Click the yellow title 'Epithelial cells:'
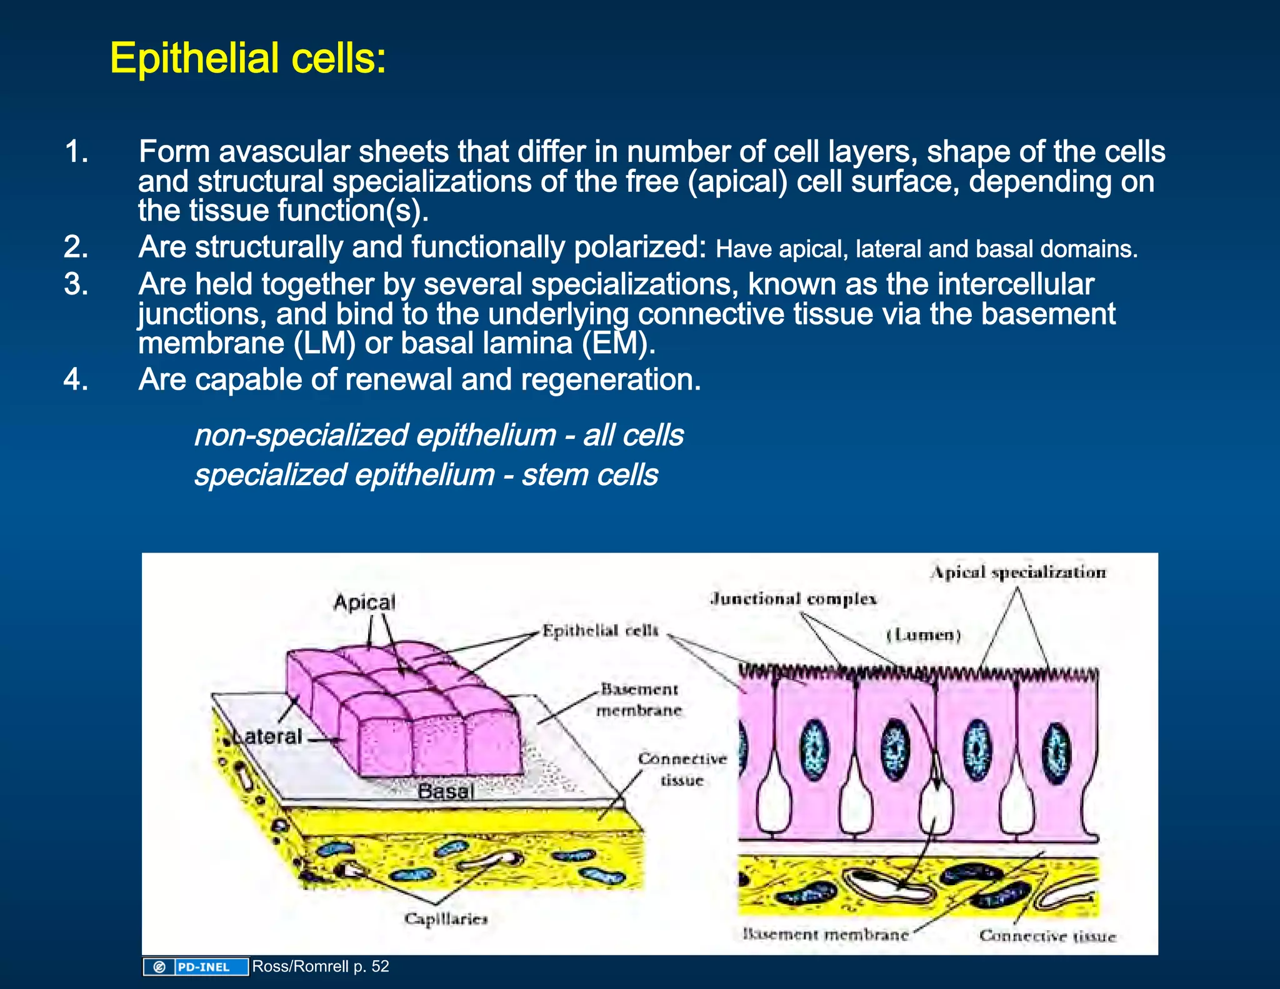[248, 59]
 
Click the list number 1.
[76, 152]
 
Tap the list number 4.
[76, 379]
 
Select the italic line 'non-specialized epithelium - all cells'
[439, 435]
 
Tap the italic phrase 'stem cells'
[589, 474]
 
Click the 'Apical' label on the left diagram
[364, 603]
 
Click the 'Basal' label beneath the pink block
[446, 791]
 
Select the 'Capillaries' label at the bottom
[446, 918]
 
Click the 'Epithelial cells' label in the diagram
[600, 630]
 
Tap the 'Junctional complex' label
[794, 599]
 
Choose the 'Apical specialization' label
[1018, 572]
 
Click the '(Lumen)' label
[923, 635]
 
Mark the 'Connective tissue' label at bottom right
[1047, 936]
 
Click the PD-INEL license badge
[196, 967]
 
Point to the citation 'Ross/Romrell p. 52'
[321, 966]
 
